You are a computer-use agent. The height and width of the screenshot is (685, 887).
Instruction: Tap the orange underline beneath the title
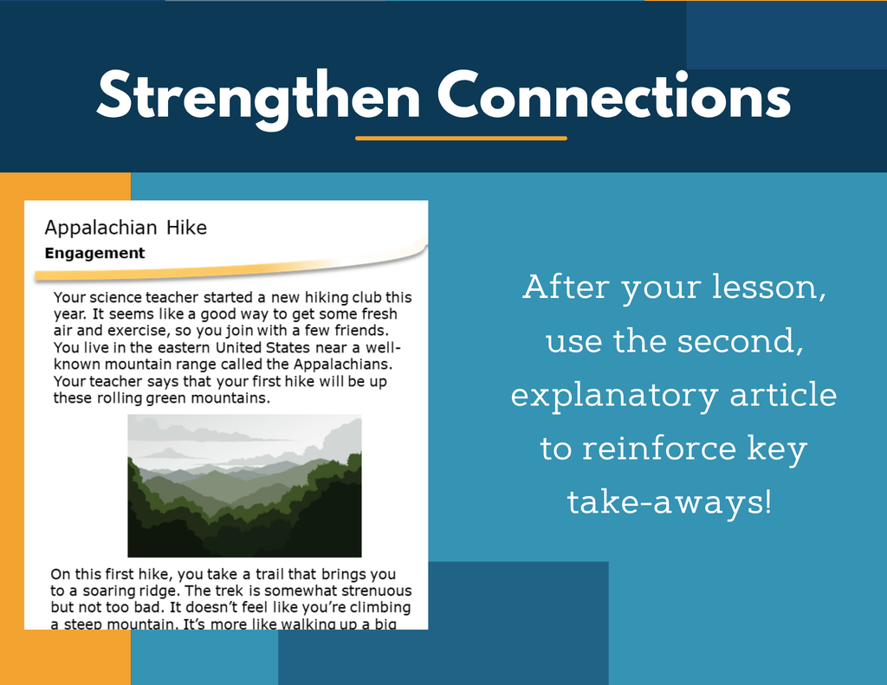click(x=461, y=138)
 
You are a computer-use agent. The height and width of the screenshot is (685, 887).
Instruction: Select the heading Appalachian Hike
click(x=126, y=228)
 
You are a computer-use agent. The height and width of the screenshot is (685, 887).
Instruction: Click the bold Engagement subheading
click(x=94, y=254)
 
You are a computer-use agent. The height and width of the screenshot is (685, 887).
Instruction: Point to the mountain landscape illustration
click(x=244, y=486)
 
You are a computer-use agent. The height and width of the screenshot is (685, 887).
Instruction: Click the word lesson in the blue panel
click(x=766, y=287)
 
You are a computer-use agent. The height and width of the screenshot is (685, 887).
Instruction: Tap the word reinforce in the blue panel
click(x=659, y=448)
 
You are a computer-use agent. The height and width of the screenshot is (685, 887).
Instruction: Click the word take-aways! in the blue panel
click(x=670, y=502)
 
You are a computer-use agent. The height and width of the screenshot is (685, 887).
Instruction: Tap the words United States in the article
click(x=263, y=347)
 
